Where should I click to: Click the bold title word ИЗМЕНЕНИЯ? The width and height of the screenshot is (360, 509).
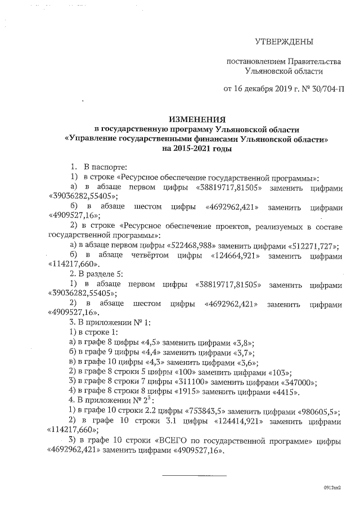[x=197, y=119]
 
